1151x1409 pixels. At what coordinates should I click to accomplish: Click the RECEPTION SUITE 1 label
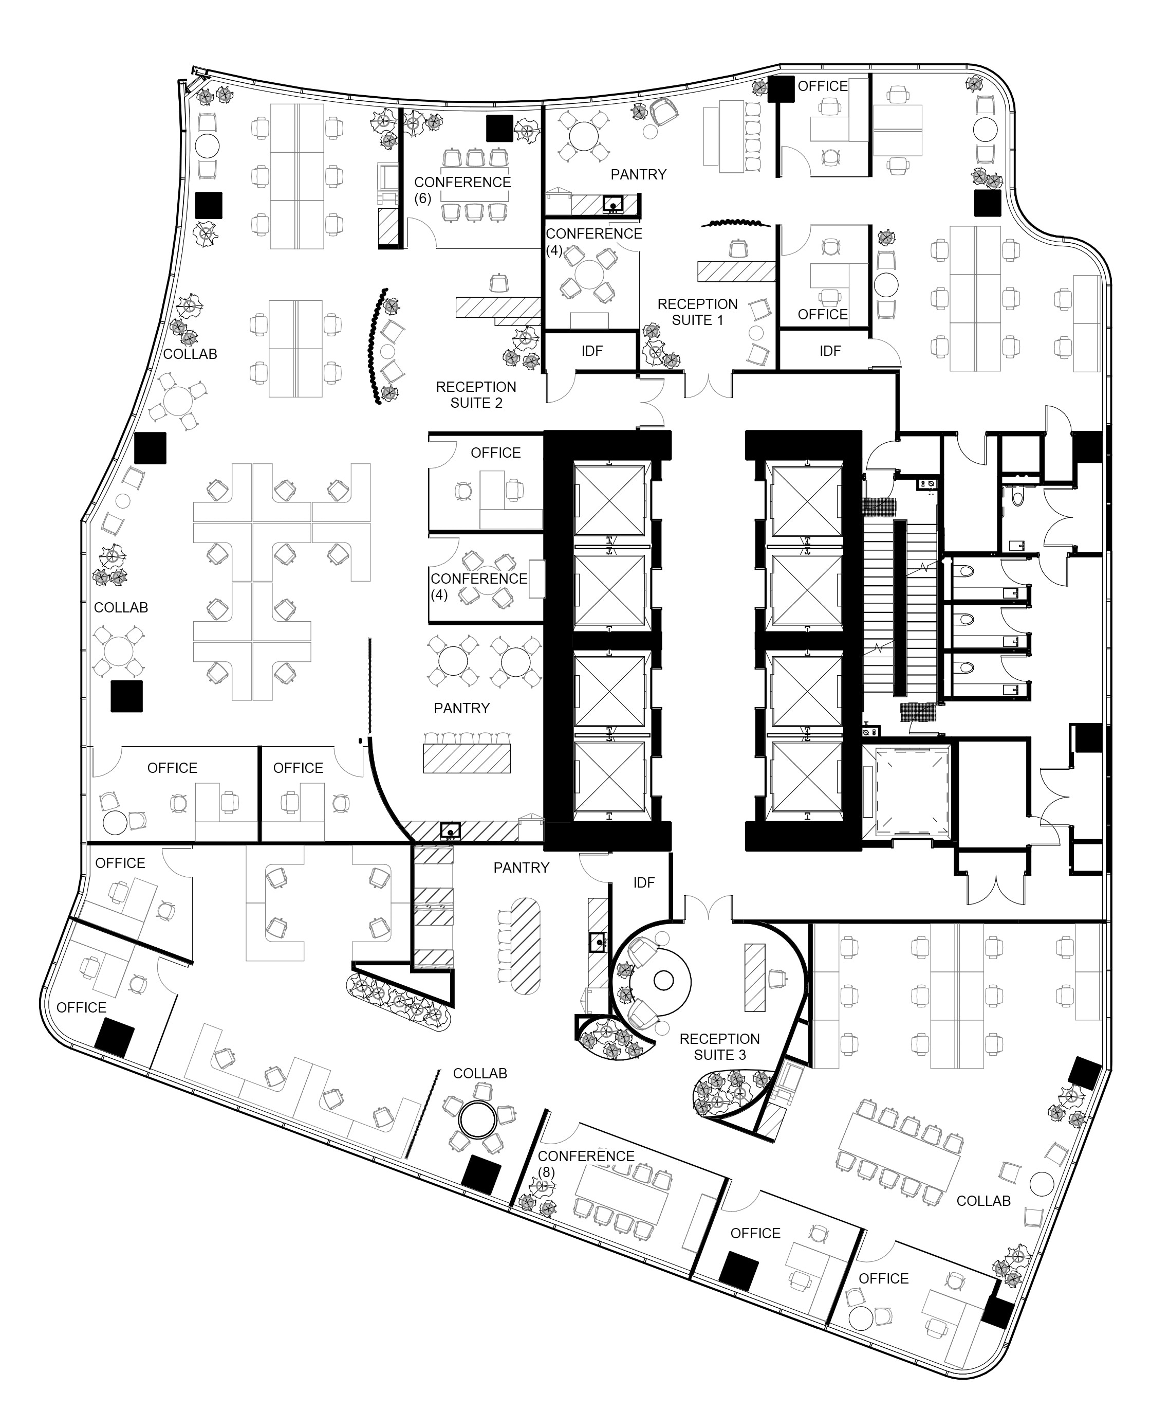[697, 312]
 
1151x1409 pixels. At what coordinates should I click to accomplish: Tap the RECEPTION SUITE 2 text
[476, 395]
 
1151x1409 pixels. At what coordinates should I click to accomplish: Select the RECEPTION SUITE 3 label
[719, 1047]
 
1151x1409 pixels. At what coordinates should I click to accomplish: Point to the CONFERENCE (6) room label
[462, 190]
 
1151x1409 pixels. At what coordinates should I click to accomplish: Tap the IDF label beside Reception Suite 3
[644, 882]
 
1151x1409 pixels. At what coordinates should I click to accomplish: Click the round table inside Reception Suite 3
[664, 980]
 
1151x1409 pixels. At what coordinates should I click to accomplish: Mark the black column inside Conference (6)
[499, 128]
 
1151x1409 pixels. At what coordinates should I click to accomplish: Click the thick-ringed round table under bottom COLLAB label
[478, 1121]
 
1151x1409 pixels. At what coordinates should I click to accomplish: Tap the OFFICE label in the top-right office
[822, 86]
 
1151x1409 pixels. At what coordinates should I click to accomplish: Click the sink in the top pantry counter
[614, 204]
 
